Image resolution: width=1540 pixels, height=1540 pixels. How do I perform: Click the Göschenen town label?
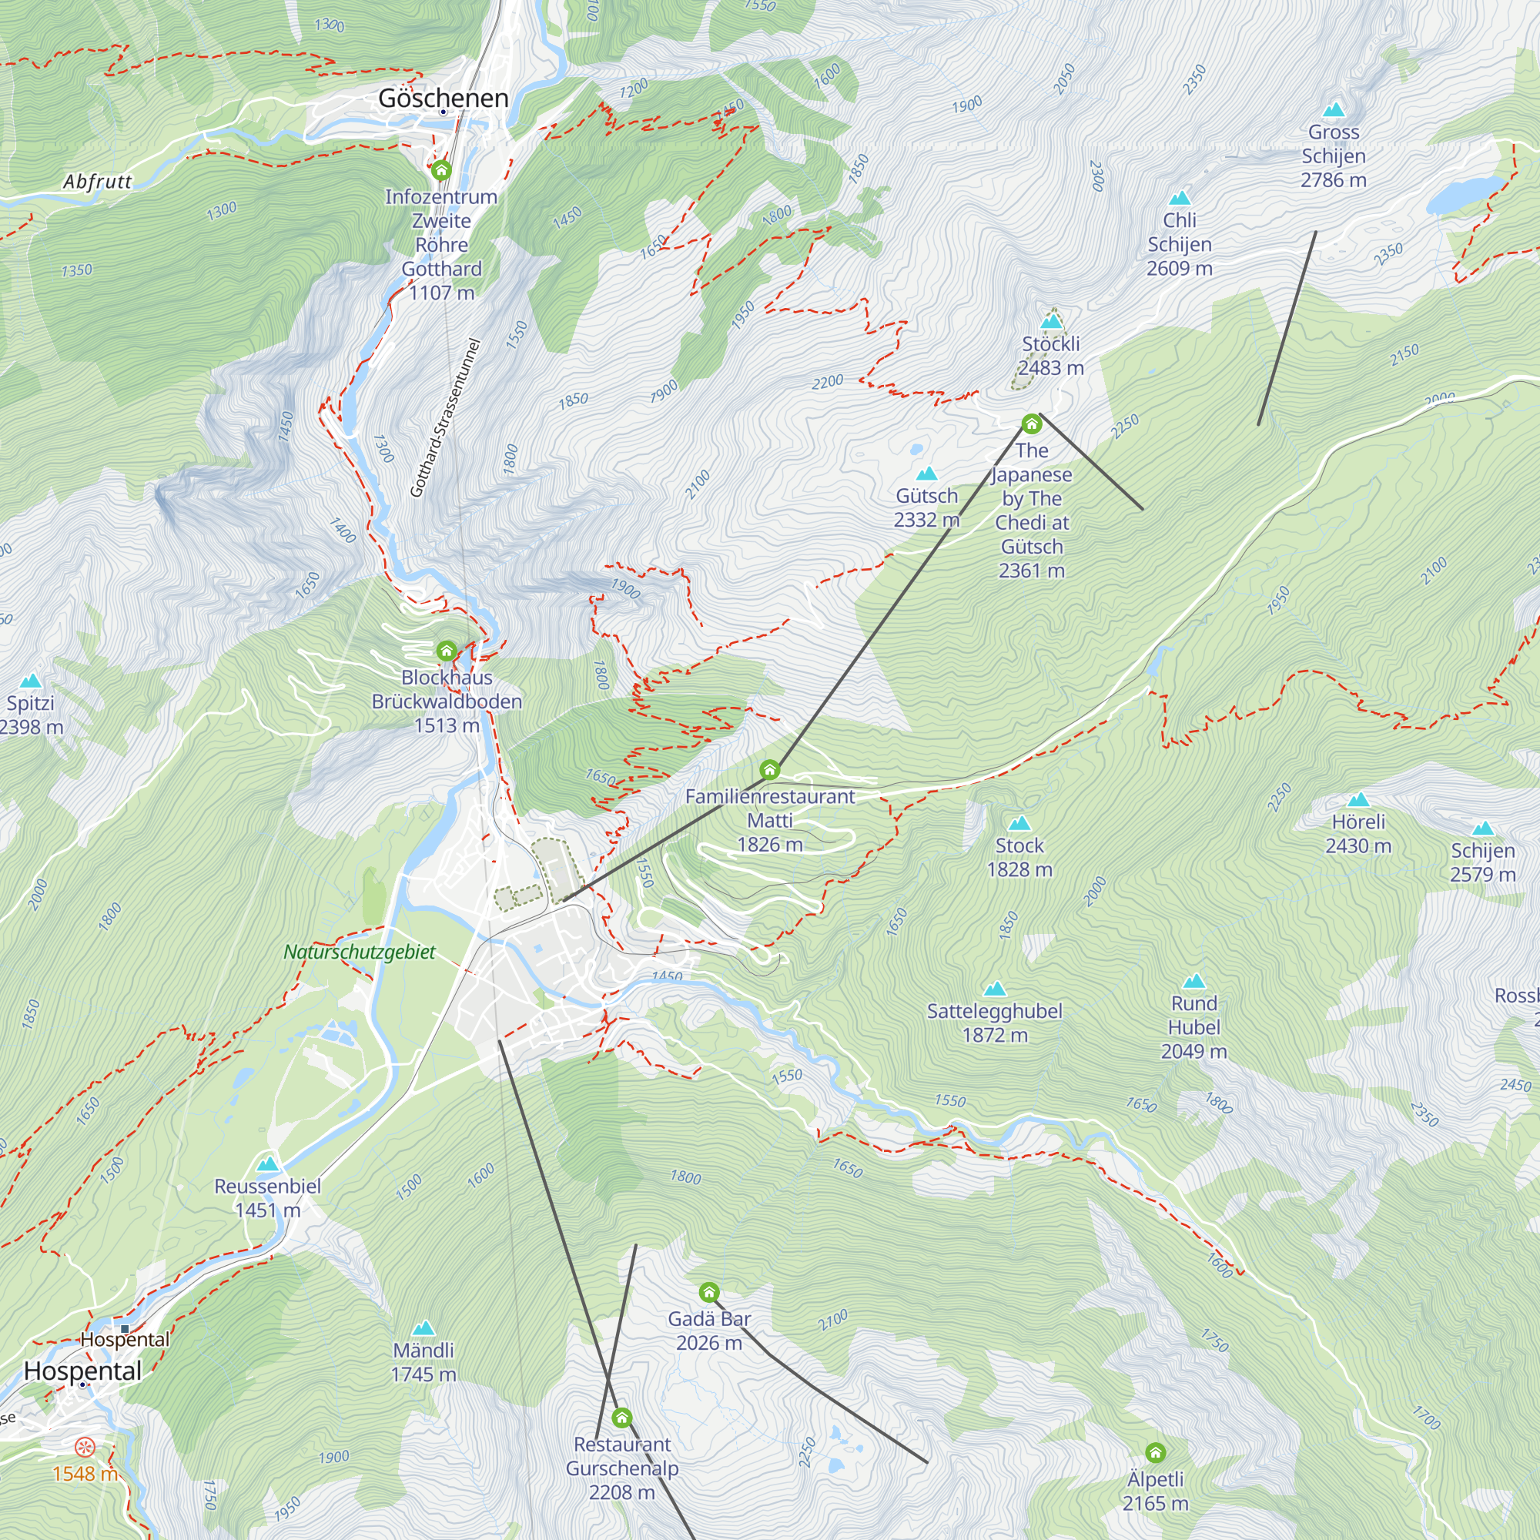click(x=444, y=99)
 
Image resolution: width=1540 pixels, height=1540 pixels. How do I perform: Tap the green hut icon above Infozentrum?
click(x=440, y=169)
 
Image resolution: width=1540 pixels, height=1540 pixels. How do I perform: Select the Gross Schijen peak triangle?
click(x=1333, y=110)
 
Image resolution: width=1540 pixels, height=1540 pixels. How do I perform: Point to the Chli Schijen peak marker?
click(x=1179, y=198)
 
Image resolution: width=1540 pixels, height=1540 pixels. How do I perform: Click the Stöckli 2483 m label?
click(x=1050, y=356)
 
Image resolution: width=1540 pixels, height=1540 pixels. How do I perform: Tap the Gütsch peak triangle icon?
click(x=926, y=474)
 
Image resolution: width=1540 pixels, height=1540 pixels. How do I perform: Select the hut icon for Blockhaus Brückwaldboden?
click(x=447, y=651)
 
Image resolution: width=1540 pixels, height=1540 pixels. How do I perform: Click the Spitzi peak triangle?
click(x=30, y=681)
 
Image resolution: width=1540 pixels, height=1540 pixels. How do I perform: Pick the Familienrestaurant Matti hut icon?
click(x=769, y=769)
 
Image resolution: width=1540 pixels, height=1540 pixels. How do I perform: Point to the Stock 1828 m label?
click(x=1019, y=857)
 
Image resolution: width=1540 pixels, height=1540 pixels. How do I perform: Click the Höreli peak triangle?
click(x=1358, y=799)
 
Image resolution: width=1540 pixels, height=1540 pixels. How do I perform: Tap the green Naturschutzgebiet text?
click(x=360, y=952)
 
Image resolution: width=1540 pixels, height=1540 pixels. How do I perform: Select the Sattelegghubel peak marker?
click(x=994, y=989)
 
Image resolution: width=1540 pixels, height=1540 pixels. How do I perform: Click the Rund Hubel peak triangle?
click(x=1193, y=981)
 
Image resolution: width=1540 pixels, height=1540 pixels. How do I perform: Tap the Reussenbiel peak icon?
click(x=268, y=1163)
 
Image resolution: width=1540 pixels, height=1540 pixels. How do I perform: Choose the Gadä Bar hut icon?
click(x=708, y=1292)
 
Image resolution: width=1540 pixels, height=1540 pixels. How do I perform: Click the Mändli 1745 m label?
click(x=423, y=1361)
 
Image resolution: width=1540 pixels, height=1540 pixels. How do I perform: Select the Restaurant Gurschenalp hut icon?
click(x=621, y=1418)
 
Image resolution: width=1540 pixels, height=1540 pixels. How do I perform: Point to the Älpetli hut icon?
click(x=1155, y=1452)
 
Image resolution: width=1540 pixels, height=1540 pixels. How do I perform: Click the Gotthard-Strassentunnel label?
click(x=447, y=417)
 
